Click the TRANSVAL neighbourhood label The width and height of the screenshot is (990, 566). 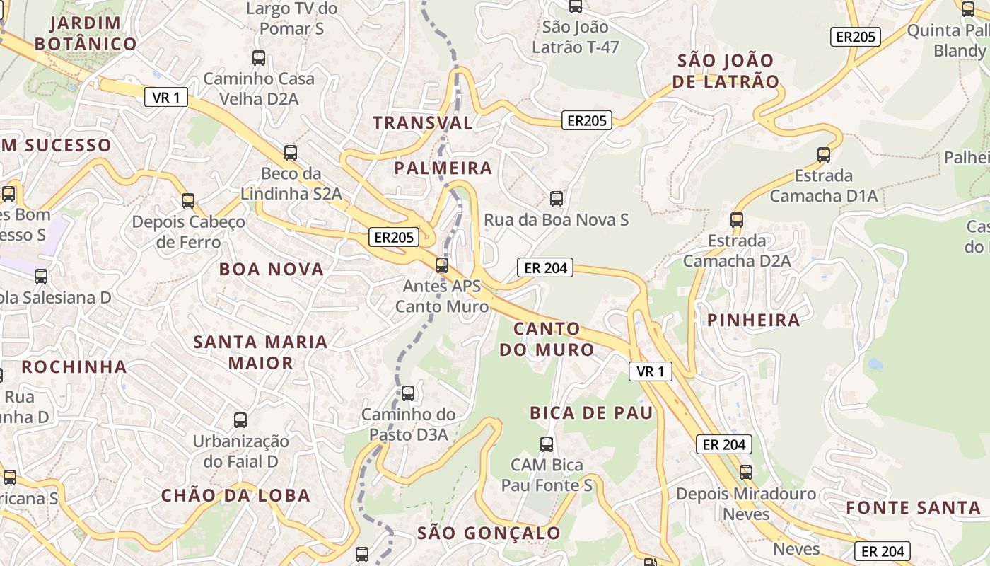click(x=423, y=122)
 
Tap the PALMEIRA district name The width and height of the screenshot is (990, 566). click(x=443, y=168)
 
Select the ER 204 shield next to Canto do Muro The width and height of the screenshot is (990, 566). click(x=544, y=267)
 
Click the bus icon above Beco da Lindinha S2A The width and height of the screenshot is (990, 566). click(x=290, y=152)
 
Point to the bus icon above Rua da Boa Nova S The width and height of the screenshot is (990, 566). click(x=557, y=198)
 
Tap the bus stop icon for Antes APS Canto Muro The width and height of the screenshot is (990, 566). click(x=442, y=265)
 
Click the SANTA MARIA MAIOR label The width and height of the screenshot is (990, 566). click(x=261, y=352)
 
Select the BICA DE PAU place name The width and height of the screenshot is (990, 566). click(x=591, y=412)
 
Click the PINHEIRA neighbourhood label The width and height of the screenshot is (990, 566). click(x=754, y=320)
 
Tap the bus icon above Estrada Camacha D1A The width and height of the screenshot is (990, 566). click(x=823, y=154)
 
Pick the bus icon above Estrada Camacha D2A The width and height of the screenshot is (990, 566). click(x=737, y=219)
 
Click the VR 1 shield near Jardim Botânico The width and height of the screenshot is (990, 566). click(x=166, y=97)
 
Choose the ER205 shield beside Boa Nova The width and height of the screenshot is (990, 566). click(x=393, y=237)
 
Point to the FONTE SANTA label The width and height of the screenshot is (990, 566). click(x=914, y=507)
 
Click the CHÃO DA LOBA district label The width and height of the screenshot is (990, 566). click(x=235, y=495)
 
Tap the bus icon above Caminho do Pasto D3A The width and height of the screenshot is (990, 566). click(x=408, y=393)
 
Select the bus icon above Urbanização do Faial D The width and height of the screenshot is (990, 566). click(x=240, y=420)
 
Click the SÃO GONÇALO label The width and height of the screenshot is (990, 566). click(x=489, y=533)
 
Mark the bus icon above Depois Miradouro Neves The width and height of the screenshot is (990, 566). click(x=746, y=472)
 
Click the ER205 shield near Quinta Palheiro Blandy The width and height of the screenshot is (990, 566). click(x=856, y=37)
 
